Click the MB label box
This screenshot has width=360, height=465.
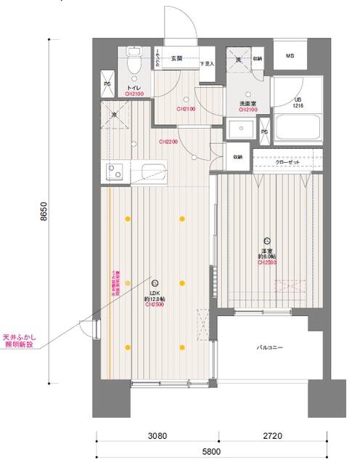(290, 56)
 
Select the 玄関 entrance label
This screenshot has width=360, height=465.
(176, 58)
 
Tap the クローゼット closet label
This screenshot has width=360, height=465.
(287, 163)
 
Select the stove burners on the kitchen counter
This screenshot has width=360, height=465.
(115, 172)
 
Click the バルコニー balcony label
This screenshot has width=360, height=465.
(269, 348)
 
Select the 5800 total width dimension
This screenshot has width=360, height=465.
(211, 452)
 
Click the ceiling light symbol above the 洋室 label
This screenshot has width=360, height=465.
(267, 240)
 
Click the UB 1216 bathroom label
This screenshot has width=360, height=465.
(298, 102)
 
